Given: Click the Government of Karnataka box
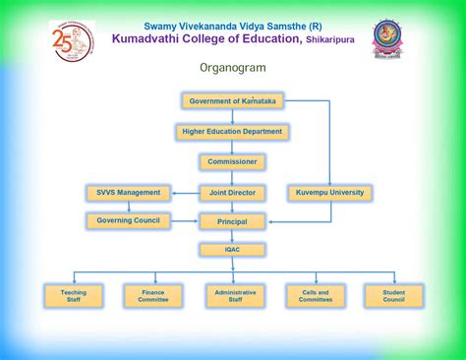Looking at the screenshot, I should coord(232,101).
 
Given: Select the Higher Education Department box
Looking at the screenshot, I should coord(232,131).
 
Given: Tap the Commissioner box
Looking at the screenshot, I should coord(232,161).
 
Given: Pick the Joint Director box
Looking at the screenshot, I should coord(232,193).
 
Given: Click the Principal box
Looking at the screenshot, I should coord(232,221).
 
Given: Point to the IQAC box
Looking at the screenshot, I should coord(232,250).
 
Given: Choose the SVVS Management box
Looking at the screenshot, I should coord(129,193).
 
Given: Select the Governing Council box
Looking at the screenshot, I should coord(129,220).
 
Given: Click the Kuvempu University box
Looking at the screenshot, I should coord(329,193).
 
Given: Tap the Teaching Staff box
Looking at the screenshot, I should coord(73,295).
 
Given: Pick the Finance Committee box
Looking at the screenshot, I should coord(153,295).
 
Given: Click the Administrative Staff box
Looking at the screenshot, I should coord(234,295).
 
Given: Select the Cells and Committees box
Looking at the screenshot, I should coord(315,295).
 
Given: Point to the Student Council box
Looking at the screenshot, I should coord(393,295).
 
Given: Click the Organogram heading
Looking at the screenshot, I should coord(232,69).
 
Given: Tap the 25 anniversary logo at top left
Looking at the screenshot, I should coord(71,41).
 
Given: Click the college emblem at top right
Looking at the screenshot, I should coord(387,39).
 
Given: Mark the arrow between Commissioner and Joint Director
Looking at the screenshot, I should coord(232,177).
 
